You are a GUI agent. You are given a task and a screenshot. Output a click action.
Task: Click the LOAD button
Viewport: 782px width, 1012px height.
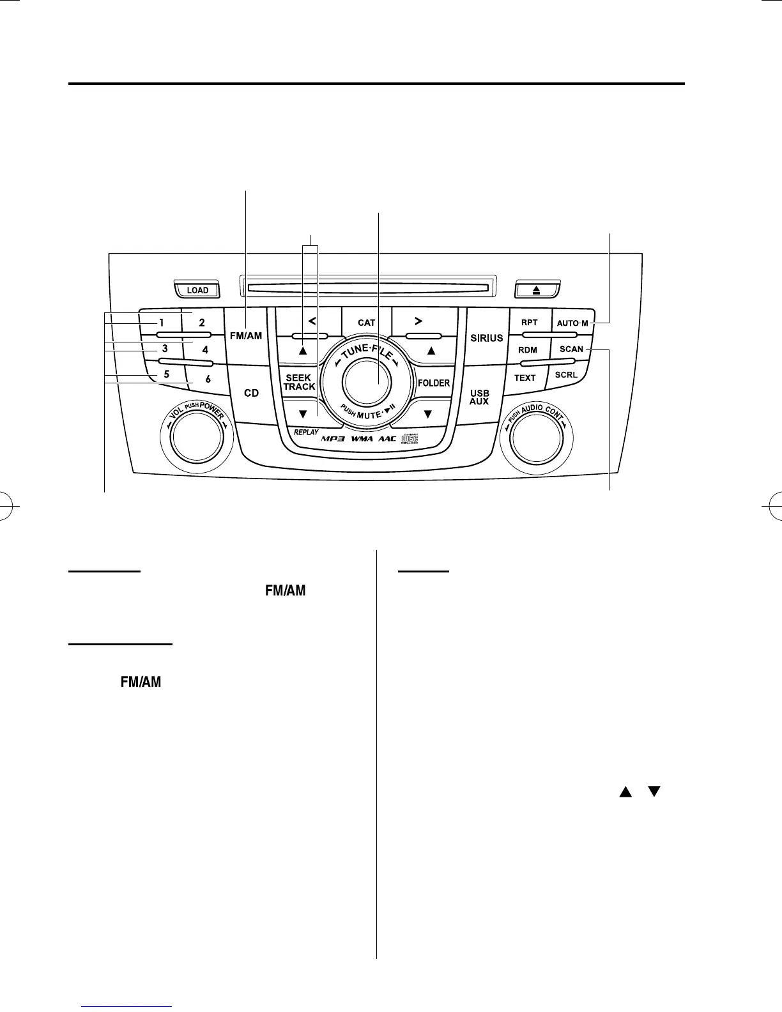197,290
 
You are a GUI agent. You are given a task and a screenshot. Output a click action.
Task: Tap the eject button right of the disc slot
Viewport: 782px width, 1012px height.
537,290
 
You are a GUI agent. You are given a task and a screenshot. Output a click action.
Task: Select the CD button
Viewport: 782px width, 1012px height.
252,393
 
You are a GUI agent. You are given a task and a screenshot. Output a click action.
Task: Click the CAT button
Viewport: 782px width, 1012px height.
367,323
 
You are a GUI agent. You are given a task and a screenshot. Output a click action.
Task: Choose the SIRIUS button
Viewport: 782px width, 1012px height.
487,338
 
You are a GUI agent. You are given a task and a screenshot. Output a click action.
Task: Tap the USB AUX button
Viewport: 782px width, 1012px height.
479,397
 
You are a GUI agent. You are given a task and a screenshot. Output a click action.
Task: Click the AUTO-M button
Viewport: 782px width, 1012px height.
572,323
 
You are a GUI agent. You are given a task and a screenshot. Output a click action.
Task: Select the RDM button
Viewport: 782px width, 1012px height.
528,350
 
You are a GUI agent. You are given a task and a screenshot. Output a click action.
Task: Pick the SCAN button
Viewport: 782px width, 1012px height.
571,349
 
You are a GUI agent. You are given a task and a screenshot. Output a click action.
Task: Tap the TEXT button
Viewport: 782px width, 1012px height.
525,378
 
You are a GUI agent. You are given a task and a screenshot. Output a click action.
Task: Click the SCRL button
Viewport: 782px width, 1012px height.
566,375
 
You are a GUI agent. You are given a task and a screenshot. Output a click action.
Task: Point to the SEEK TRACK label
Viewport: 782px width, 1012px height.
299,382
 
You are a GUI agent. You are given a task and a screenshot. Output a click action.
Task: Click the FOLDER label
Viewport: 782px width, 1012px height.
434,383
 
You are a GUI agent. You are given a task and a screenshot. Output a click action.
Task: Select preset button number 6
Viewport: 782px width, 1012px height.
208,379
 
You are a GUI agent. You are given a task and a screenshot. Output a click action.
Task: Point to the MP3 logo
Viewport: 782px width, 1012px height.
333,439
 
